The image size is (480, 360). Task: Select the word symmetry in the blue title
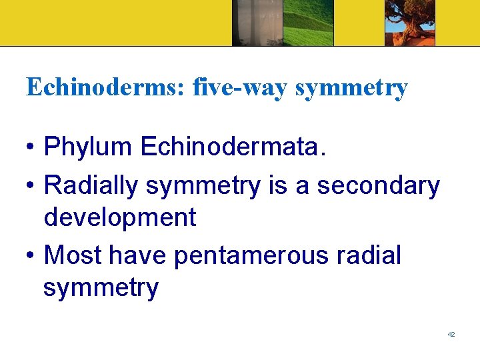[351, 87]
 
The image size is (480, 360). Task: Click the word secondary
[379, 186]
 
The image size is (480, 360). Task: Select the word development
[120, 217]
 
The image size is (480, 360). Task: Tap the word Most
[72, 255]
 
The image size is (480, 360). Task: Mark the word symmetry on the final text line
[101, 288]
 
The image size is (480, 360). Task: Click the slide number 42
[451, 334]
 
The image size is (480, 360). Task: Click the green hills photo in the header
[308, 23]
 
